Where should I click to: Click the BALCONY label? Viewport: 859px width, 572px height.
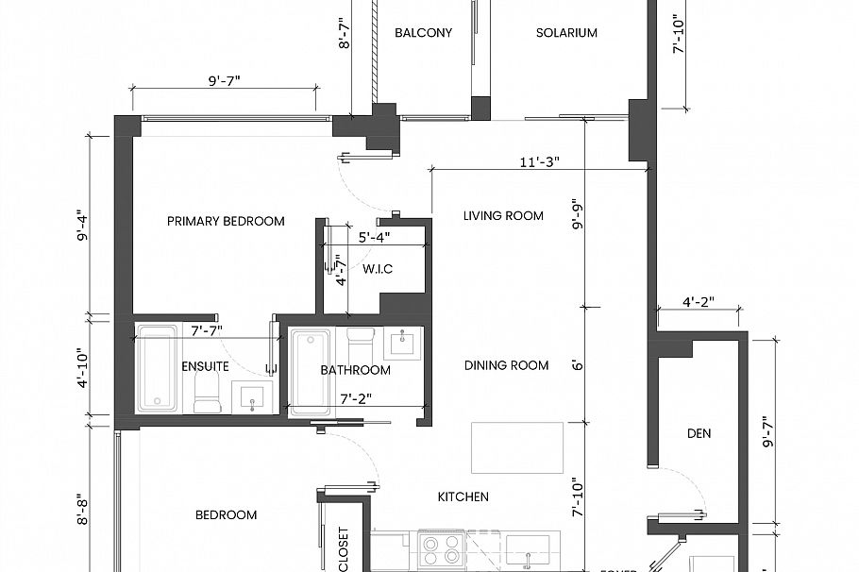[x=423, y=33]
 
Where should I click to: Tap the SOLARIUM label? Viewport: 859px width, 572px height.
[x=566, y=33]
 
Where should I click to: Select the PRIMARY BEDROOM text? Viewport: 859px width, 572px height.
[x=226, y=222]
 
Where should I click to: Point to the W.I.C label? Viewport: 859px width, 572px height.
[x=378, y=270]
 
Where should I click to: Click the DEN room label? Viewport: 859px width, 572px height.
[x=699, y=434]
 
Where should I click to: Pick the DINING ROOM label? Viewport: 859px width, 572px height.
[x=508, y=365]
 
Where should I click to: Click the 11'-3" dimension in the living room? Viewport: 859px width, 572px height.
[x=538, y=161]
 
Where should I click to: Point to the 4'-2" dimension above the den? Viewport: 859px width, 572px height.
[x=698, y=303]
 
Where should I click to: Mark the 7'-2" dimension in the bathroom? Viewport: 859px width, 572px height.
[x=359, y=399]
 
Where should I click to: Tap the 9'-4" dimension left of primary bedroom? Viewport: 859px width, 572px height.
[x=84, y=226]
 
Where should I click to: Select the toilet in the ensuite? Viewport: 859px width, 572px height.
[x=207, y=395]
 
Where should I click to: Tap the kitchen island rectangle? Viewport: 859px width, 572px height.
[x=517, y=447]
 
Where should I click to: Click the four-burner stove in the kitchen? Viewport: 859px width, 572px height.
[x=439, y=549]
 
